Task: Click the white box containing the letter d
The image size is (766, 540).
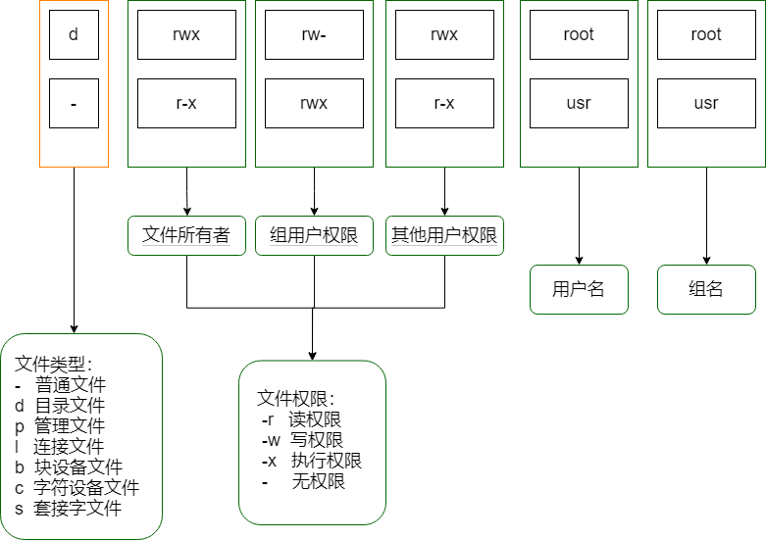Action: [x=74, y=34]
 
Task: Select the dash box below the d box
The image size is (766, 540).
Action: [x=74, y=103]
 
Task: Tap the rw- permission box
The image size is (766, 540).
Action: [x=314, y=34]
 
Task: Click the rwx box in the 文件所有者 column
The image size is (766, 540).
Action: [x=186, y=34]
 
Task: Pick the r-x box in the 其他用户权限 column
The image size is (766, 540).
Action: [x=444, y=103]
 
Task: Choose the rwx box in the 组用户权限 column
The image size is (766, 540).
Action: [x=314, y=103]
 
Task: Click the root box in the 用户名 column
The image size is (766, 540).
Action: [x=579, y=34]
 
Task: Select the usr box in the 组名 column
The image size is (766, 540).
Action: [x=706, y=103]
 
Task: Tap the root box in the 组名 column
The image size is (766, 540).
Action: [x=706, y=34]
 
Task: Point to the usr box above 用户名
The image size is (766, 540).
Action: [x=579, y=103]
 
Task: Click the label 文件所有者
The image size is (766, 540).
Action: [x=186, y=235]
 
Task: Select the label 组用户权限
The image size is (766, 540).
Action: [x=314, y=235]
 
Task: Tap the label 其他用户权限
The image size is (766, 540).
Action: [x=444, y=235]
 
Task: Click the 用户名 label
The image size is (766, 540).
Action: [x=579, y=289]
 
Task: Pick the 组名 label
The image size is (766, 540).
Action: [x=706, y=289]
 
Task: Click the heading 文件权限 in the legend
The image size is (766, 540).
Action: [x=295, y=399]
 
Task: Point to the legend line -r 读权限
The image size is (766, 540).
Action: [x=302, y=419]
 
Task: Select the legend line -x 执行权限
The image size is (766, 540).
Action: [x=311, y=461]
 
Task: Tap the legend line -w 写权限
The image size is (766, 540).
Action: [x=302, y=440]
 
